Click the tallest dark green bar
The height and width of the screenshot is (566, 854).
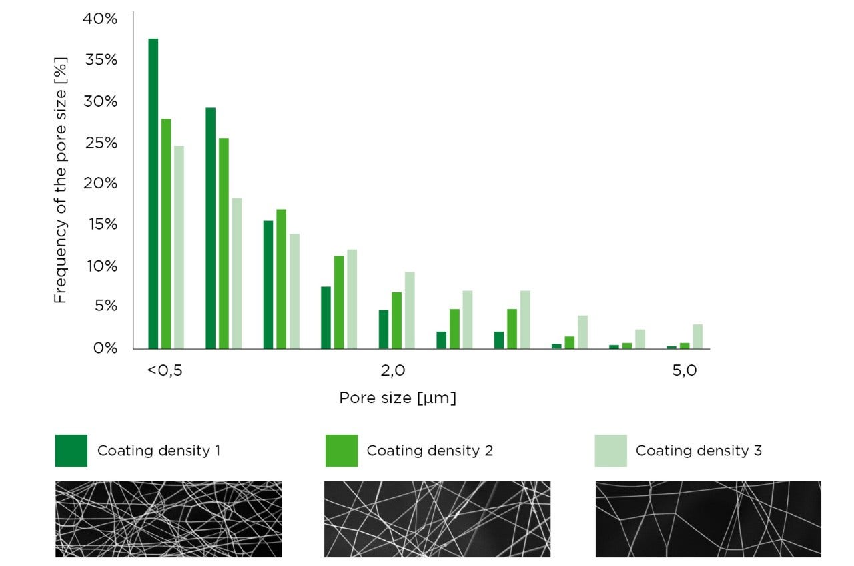pyautogui.click(x=153, y=194)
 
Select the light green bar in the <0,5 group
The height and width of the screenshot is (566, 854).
pyautogui.click(x=179, y=247)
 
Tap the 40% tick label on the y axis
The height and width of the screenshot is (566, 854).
pyautogui.click(x=100, y=19)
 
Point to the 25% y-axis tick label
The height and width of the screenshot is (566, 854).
pyautogui.click(x=100, y=143)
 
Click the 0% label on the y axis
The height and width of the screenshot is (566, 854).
pyautogui.click(x=105, y=348)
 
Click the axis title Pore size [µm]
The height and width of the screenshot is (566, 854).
pyautogui.click(x=398, y=398)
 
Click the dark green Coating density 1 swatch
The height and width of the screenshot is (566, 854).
pyautogui.click(x=71, y=451)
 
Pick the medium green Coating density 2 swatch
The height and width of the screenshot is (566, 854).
pyautogui.click(x=341, y=451)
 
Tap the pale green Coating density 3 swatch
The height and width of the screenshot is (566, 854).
pyautogui.click(x=610, y=451)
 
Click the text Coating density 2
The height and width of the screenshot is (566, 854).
pyautogui.click(x=430, y=451)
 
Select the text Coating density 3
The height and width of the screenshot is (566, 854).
pyautogui.click(x=699, y=451)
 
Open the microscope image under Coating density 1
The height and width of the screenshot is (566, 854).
pyautogui.click(x=168, y=519)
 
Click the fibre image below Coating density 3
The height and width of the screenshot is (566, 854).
pyautogui.click(x=708, y=519)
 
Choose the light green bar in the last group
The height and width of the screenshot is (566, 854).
pyautogui.click(x=697, y=336)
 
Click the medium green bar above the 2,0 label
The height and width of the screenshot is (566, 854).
pyautogui.click(x=396, y=320)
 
